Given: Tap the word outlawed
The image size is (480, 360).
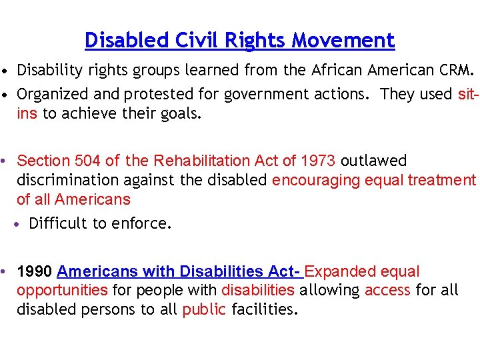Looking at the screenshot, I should click(x=373, y=161).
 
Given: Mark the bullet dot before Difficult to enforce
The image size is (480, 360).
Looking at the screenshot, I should click(x=21, y=224).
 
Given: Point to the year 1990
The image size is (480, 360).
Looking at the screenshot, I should click(x=35, y=271).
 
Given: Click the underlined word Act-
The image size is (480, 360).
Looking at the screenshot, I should click(x=285, y=271).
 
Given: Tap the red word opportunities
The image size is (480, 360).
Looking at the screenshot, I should click(x=62, y=290).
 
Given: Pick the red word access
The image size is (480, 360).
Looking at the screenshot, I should click(x=387, y=290).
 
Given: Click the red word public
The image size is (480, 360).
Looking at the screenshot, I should click(x=204, y=310).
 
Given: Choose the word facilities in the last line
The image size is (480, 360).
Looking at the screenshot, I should click(x=265, y=310).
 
